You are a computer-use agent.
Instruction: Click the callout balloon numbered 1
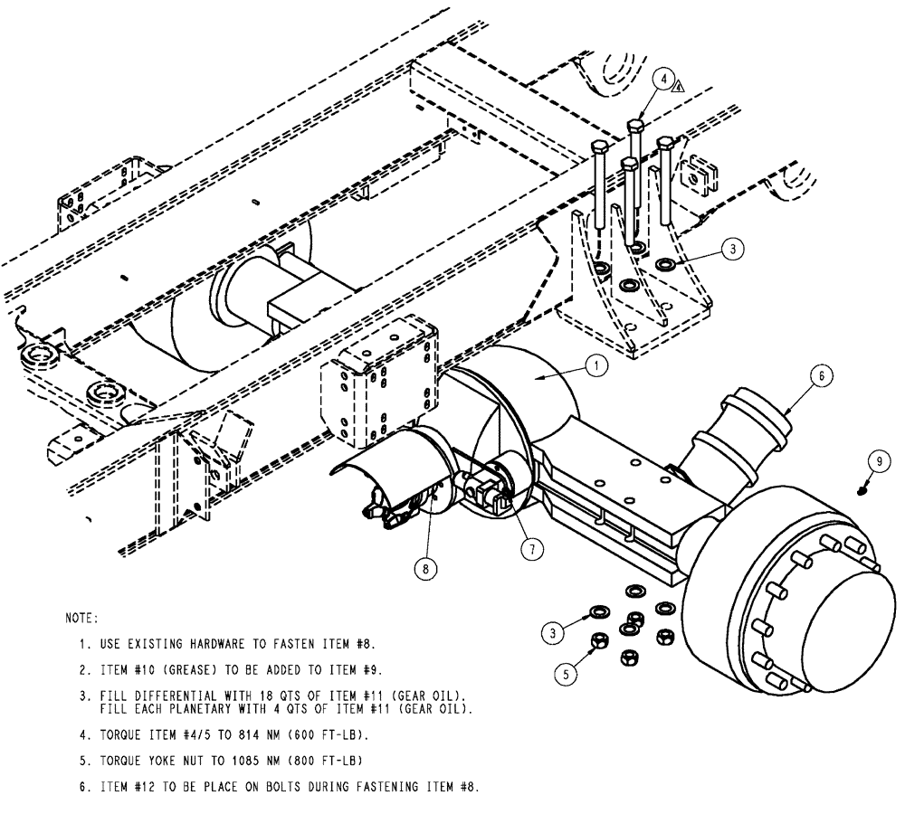click(x=595, y=366)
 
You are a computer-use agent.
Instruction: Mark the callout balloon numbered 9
click(x=875, y=460)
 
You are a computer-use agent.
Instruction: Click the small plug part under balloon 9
click(x=862, y=489)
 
